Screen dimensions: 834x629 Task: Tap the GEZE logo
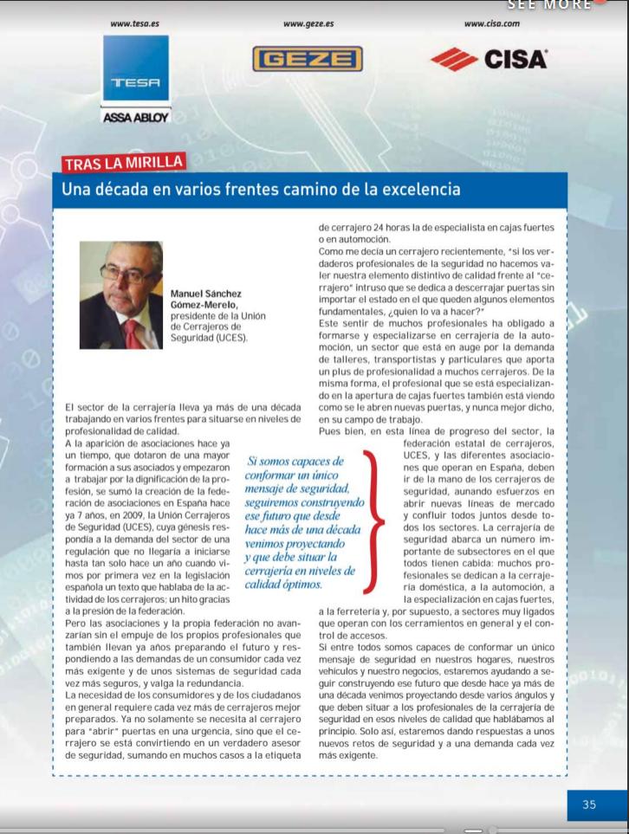[308, 58]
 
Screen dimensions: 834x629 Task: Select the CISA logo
[490, 59]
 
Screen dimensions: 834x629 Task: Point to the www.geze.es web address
[308, 24]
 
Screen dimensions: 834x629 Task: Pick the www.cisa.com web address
[492, 24]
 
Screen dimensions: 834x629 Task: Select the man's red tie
[130, 333]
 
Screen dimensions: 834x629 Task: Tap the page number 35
[589, 805]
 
